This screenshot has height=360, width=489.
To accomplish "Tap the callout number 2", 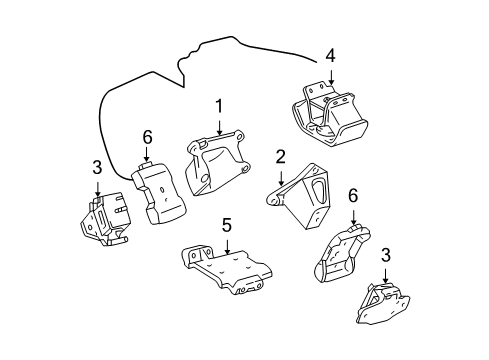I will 281,156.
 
